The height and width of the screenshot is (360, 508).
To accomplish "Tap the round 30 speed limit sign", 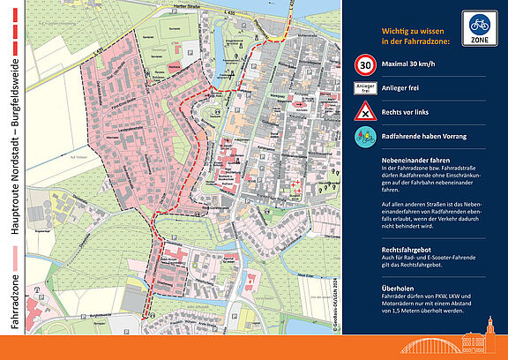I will coord(364,64).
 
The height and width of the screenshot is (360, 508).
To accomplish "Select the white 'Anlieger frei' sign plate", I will coord(364,88).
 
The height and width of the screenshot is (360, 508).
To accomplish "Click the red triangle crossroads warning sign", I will coord(364,111).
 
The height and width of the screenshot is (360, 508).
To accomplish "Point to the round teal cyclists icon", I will coord(364,136).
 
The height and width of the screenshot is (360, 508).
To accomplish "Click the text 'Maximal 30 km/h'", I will coord(412,64).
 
